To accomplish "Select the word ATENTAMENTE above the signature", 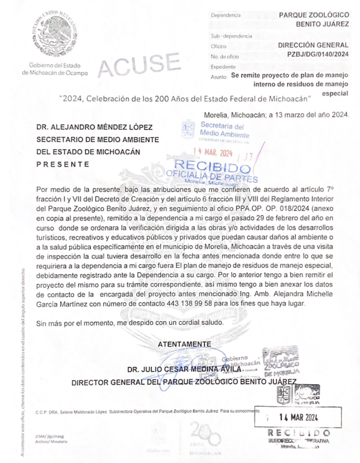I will tap(184, 344).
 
